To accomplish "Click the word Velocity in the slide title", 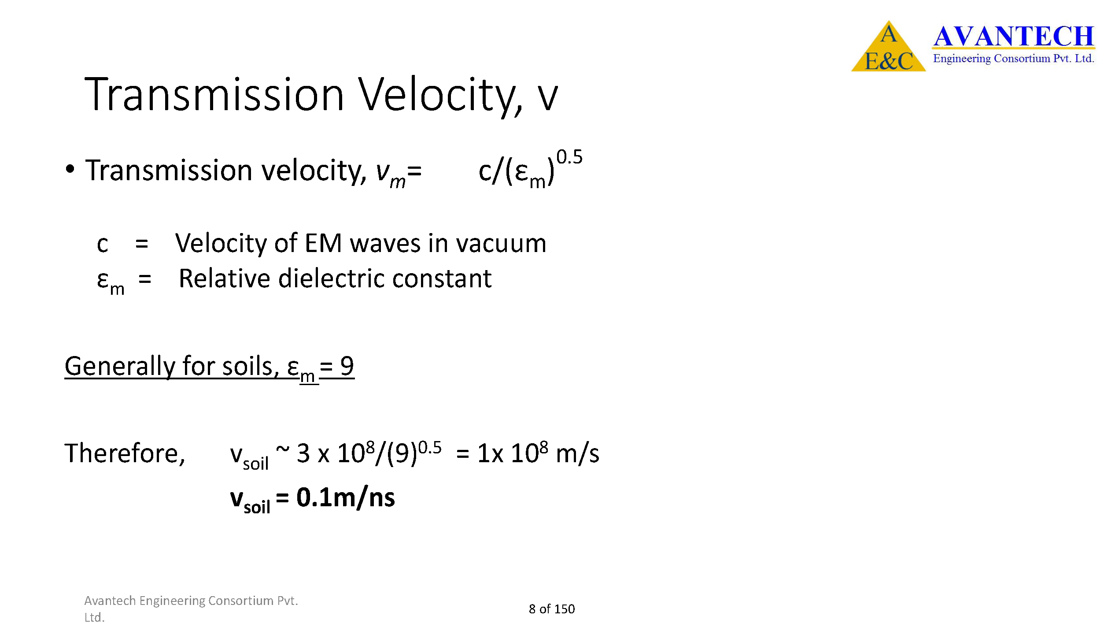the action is coord(441,95).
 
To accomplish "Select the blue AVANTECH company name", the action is coord(1013,36).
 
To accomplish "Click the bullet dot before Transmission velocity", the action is coord(70,170).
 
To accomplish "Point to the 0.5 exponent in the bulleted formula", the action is coord(569,157).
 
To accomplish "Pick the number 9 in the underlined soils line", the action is coord(347,366).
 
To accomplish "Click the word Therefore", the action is coord(125,453).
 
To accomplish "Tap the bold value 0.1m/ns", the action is coord(346,497).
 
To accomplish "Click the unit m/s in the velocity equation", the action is coord(577,453).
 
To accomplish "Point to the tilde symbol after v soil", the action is coord(283,449).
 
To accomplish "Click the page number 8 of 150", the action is coord(552,609).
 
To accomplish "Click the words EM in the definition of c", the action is coord(323,243).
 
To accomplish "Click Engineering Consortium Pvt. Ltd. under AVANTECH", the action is coord(1013,59).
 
